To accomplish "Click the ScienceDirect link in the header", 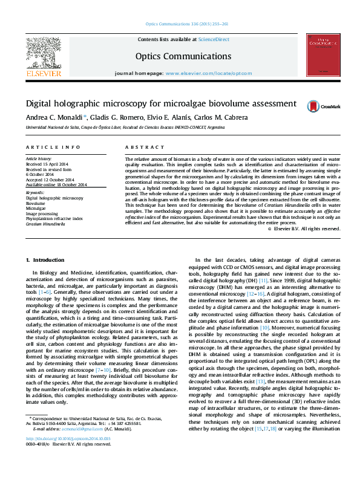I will point(214,39).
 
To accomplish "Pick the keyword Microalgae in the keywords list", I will point(36,209).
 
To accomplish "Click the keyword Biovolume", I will point(35,204).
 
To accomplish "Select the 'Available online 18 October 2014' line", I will point(56,184).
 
